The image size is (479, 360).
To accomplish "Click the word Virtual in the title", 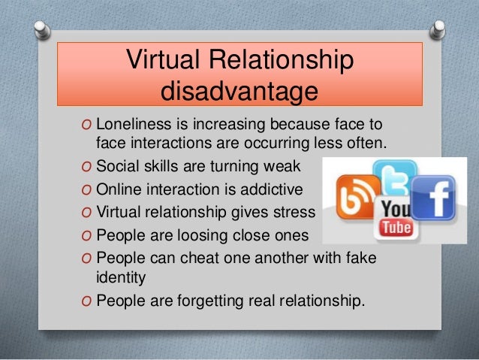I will [x=163, y=62].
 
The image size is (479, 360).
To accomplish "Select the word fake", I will [x=359, y=259].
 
